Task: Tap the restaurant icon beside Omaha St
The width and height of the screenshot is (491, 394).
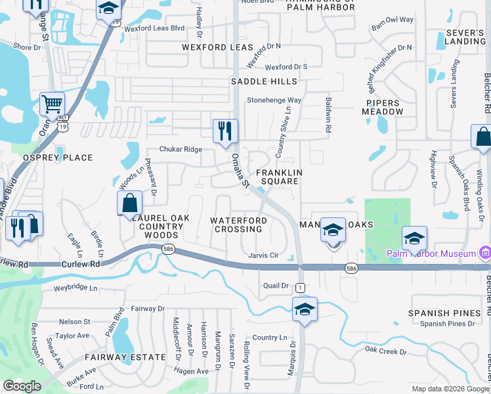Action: click(225, 130)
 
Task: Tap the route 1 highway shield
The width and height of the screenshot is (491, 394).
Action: click(300, 288)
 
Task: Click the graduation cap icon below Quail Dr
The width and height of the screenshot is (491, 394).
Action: click(305, 309)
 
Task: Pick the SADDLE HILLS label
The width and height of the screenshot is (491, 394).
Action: click(264, 81)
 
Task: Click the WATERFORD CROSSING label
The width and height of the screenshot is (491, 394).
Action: click(238, 225)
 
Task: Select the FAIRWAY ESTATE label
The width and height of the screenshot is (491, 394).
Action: click(125, 357)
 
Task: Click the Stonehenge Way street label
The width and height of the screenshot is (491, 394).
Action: click(274, 100)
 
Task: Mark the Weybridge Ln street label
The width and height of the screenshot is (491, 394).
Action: click(75, 288)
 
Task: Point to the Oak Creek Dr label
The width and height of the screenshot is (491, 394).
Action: click(385, 352)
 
